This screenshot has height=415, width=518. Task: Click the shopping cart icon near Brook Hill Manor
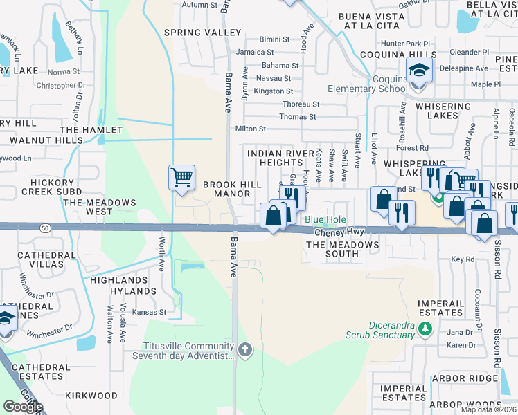click(x=181, y=177)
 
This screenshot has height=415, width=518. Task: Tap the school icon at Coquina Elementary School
click(x=418, y=70)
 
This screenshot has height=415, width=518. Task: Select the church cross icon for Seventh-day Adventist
click(x=245, y=350)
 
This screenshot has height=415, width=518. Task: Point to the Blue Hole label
click(x=325, y=220)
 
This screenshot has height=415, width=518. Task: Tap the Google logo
click(x=23, y=407)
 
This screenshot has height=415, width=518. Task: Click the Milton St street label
click(x=251, y=129)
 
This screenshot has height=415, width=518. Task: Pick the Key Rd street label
click(x=463, y=259)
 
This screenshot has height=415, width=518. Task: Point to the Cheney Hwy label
click(x=340, y=232)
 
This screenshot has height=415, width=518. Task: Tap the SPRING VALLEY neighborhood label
click(x=202, y=33)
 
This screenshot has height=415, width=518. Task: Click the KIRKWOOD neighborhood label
click(x=91, y=395)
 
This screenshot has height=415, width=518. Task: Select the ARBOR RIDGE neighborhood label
click(x=465, y=378)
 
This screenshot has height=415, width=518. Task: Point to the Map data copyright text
click(x=488, y=409)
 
